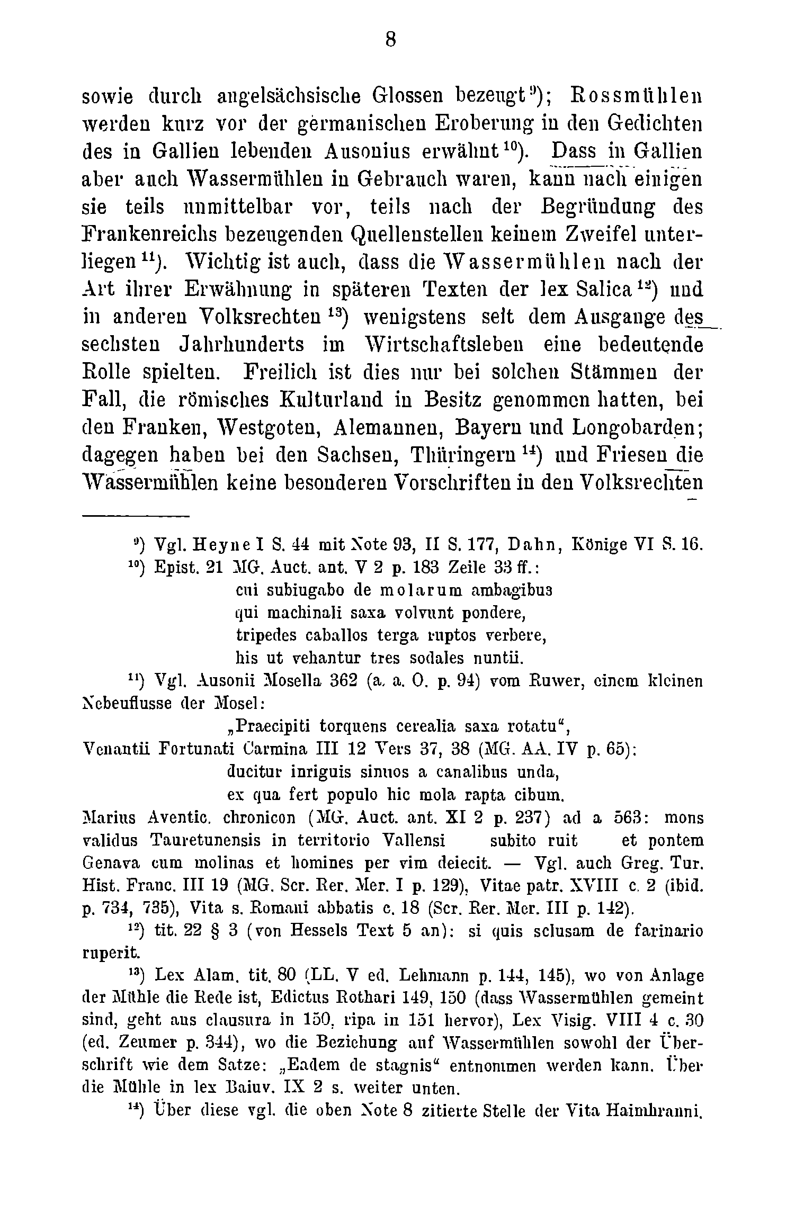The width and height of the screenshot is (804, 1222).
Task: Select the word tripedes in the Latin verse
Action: pyautogui.click(x=260, y=635)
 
